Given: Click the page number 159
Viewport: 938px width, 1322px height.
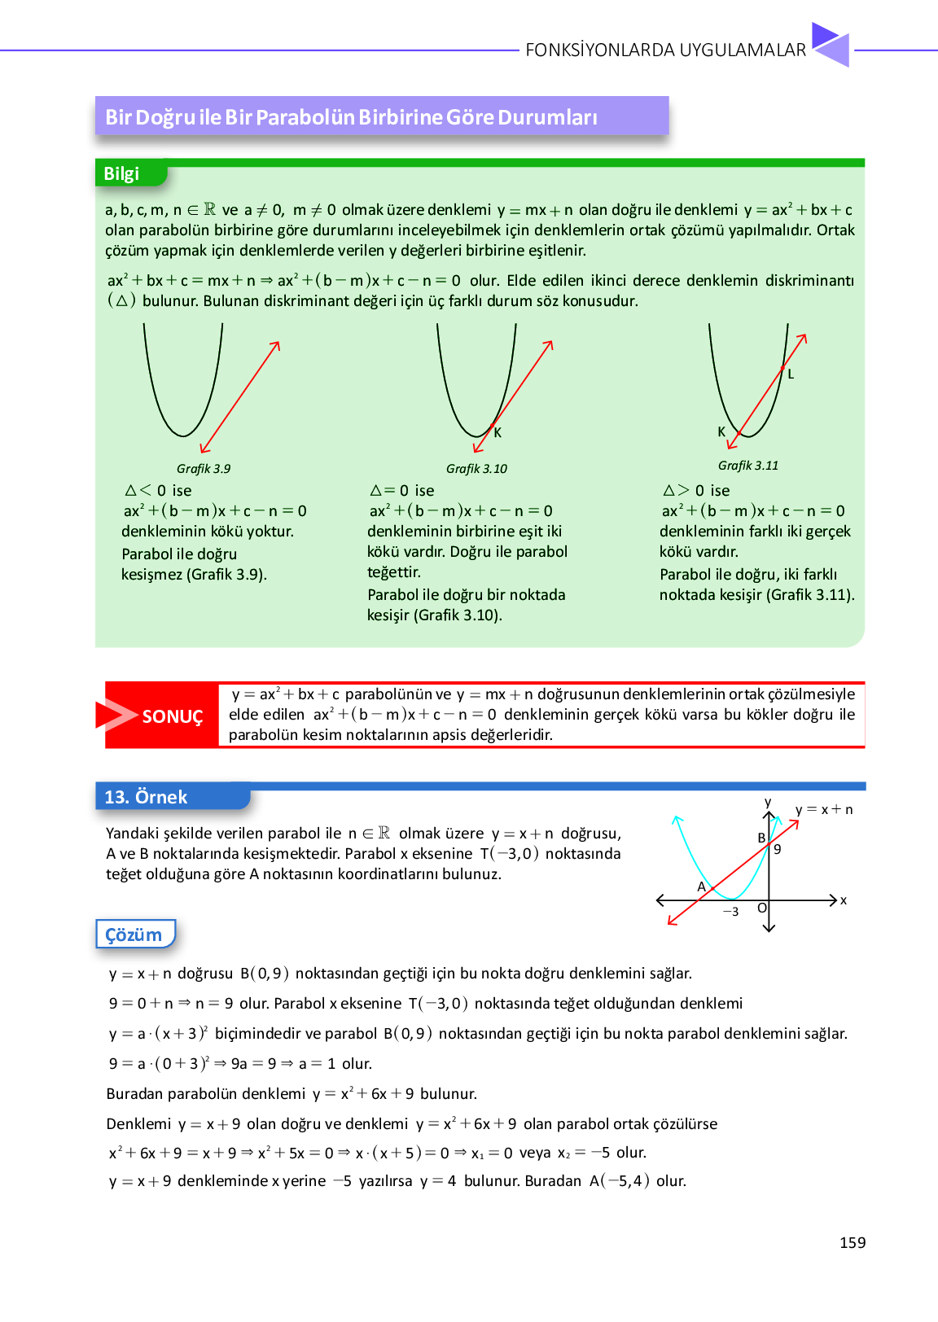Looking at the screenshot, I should click(853, 1242).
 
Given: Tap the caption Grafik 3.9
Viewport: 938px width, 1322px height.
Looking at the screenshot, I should click(204, 469).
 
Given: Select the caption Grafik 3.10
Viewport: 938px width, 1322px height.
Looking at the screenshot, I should click(476, 469).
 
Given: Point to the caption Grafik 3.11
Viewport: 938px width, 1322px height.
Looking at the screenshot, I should click(748, 466).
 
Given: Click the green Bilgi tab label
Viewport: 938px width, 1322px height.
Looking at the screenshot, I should click(122, 173).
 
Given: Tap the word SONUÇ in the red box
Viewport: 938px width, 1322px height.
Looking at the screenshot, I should click(172, 716).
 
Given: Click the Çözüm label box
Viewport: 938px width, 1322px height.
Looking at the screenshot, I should click(134, 935).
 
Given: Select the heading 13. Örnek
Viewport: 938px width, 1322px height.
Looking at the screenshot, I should click(147, 797).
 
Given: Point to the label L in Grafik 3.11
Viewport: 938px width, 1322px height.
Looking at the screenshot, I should click(791, 374).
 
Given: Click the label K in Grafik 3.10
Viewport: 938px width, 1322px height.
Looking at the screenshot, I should click(497, 433).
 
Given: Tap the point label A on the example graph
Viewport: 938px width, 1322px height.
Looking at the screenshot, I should click(701, 886).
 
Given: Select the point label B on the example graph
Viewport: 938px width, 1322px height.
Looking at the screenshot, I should click(761, 838).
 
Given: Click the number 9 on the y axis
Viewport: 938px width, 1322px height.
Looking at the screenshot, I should click(778, 849).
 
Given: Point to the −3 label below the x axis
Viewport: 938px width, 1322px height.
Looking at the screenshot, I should click(730, 912).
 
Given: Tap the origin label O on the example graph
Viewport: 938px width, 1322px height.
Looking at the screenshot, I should click(762, 908).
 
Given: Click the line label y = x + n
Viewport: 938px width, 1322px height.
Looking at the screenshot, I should click(824, 809).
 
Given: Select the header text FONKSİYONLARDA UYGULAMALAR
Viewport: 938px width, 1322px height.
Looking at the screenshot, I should click(665, 50).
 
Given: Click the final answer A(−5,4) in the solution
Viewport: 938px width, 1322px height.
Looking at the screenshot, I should click(620, 1180).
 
